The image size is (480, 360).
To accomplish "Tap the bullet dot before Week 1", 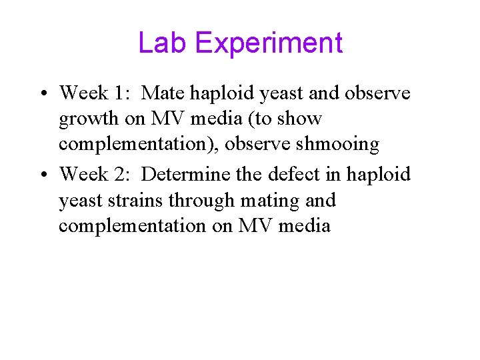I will pos(42,92).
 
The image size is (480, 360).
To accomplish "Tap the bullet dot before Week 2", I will pos(42,175).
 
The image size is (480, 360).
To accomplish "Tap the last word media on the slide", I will pos(304,226).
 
